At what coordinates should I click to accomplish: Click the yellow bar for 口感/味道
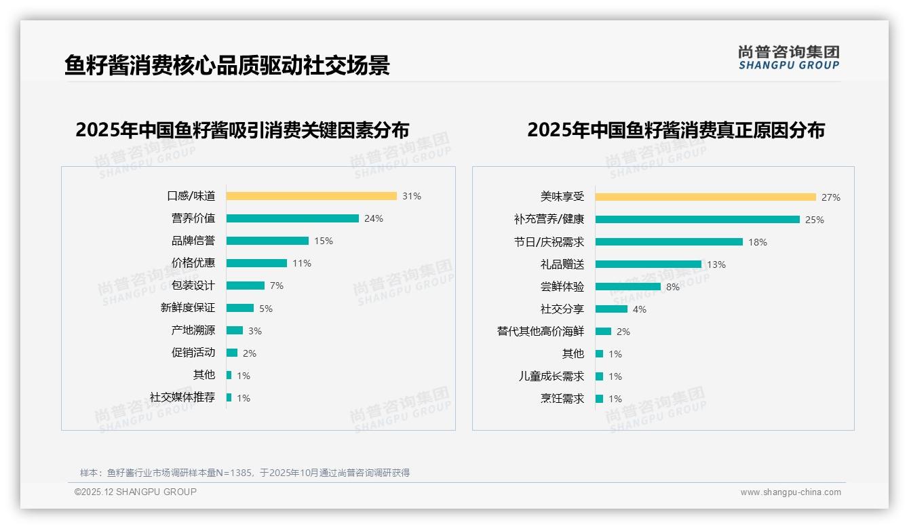pyautogui.click(x=311, y=196)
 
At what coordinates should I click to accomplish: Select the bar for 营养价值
pyautogui.click(x=292, y=218)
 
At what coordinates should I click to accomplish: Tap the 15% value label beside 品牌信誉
pyautogui.click(x=324, y=241)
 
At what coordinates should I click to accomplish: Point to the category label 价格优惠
pyautogui.click(x=193, y=263)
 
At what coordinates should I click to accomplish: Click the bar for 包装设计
pyautogui.click(x=246, y=286)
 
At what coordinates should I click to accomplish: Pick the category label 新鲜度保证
pyautogui.click(x=188, y=308)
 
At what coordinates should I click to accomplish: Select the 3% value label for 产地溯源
pyautogui.click(x=254, y=331)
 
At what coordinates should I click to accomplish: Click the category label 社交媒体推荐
pyautogui.click(x=182, y=397)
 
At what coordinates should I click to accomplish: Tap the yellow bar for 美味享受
pyautogui.click(x=705, y=197)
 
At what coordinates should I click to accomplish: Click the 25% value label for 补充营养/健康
pyautogui.click(x=815, y=220)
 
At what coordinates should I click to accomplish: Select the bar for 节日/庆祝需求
pyautogui.click(x=669, y=242)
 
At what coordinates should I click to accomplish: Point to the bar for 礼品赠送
pyautogui.click(x=649, y=264)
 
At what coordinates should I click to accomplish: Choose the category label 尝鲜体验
pyautogui.click(x=562, y=287)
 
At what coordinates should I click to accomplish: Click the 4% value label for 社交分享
pyautogui.click(x=640, y=309)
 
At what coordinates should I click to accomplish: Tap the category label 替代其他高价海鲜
pyautogui.click(x=541, y=332)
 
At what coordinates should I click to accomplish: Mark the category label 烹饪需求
pyautogui.click(x=562, y=399)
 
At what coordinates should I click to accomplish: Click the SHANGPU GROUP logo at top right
pyautogui.click(x=789, y=58)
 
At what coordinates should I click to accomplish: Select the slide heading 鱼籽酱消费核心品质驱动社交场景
pyautogui.click(x=227, y=66)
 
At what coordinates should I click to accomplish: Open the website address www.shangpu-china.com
pyautogui.click(x=790, y=492)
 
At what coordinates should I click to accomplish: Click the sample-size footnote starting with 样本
pyautogui.click(x=245, y=473)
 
